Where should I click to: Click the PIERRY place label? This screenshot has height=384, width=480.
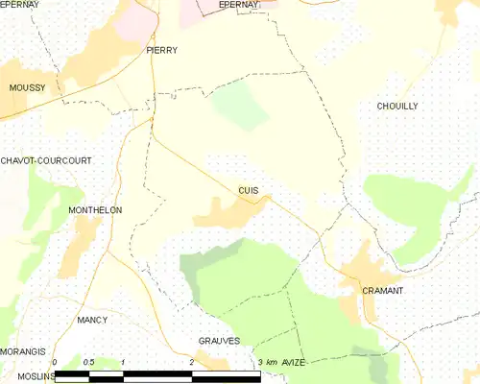[162, 49]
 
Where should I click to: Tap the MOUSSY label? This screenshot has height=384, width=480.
[27, 87]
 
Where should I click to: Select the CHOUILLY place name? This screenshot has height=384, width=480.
[397, 106]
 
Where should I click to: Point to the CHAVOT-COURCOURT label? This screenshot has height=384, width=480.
[46, 160]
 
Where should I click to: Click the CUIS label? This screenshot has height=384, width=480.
[248, 190]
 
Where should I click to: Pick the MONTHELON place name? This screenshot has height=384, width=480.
[95, 209]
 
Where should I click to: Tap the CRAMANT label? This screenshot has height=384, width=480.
[382, 290]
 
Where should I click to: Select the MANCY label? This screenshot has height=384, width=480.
[92, 319]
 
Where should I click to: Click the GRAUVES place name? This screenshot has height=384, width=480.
[219, 341]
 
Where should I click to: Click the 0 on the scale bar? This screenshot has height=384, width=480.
[56, 361]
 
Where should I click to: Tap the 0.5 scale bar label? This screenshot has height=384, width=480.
[89, 361]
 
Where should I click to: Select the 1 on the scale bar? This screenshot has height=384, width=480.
[124, 361]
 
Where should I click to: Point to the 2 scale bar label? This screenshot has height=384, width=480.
[192, 361]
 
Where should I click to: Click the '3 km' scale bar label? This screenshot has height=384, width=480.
[267, 361]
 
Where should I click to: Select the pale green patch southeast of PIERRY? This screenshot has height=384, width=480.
[240, 106]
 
